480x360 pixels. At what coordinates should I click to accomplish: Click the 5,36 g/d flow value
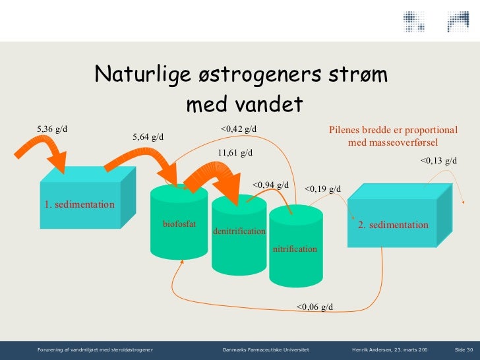point(52,129)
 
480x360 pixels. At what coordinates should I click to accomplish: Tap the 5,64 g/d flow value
point(148,137)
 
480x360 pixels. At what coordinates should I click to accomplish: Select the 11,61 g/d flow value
point(235,153)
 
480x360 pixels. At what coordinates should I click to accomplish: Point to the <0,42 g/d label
point(239,129)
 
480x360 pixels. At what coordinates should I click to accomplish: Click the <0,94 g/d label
point(270,185)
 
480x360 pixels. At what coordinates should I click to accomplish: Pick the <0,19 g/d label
point(323,190)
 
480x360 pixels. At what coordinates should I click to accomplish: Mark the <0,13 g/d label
point(438,160)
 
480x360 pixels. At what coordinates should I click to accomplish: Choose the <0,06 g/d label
point(315,307)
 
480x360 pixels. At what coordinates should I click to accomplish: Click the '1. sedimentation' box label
point(79,204)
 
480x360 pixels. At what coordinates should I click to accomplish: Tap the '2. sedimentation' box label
point(393,225)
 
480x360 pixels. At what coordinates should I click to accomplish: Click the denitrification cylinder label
point(239,231)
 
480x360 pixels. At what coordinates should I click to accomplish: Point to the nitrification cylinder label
point(295,249)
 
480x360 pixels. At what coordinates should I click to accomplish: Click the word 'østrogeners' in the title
point(254,75)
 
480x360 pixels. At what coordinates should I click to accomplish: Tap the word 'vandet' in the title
point(271,104)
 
